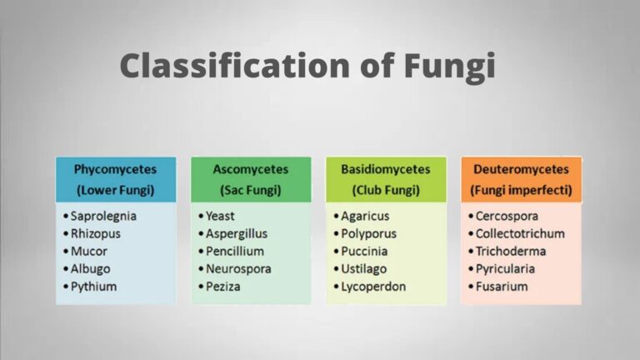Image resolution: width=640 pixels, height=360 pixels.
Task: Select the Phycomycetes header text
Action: (116, 170)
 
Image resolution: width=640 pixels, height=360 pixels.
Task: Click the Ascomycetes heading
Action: (251, 170)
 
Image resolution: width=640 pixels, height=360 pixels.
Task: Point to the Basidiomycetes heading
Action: (386, 170)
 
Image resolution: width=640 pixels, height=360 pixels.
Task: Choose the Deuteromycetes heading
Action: (521, 170)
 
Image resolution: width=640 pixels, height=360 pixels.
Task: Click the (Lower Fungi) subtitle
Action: (116, 190)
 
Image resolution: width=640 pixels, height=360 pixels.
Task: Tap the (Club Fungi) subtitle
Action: (386, 190)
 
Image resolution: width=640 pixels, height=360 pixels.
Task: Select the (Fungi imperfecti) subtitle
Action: (521, 190)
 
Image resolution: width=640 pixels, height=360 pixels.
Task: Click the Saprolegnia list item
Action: (103, 216)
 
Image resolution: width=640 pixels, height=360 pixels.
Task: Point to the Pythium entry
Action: (93, 287)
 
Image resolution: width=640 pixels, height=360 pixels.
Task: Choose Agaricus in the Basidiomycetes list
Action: (366, 216)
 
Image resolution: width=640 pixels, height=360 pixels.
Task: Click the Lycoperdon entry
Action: (372, 287)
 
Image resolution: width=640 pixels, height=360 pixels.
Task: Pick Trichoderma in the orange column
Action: (510, 251)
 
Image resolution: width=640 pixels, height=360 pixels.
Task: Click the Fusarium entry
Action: (501, 287)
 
